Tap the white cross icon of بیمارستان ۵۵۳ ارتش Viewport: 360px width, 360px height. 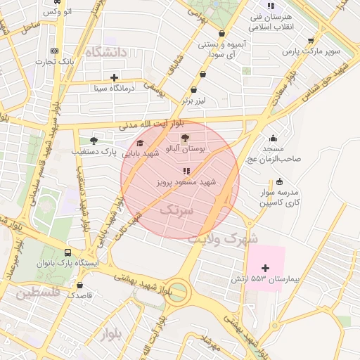[265, 268]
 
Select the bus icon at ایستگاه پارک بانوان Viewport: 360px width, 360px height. [67, 252]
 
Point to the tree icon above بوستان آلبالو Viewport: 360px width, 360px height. [185, 139]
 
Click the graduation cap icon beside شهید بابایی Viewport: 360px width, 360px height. [131, 143]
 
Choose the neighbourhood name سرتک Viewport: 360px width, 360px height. [176, 210]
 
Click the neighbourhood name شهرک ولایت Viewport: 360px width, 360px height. [222, 238]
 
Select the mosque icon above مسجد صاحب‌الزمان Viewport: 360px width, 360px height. [273, 138]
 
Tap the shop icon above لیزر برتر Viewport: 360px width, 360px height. [194, 89]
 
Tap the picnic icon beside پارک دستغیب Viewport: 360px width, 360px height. [94, 141]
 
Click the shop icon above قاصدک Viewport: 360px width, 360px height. [79, 285]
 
